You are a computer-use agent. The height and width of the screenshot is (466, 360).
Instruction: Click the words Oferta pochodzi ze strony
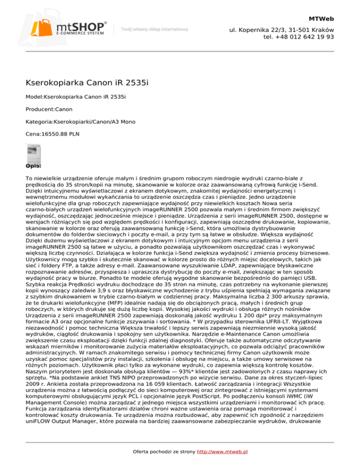click(152, 452)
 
